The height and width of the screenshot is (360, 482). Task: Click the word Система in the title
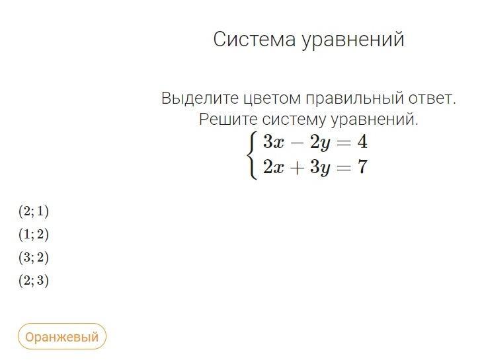(255, 39)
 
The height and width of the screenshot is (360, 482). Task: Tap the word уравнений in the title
(353, 40)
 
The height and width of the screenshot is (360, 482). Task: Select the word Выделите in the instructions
(200, 98)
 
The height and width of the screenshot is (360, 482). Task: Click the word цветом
(272, 99)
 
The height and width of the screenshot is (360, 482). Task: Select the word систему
(294, 120)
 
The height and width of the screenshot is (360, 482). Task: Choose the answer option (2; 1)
(34, 211)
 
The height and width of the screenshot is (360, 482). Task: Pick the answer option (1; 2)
(34, 234)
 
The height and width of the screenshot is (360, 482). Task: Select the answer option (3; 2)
(34, 258)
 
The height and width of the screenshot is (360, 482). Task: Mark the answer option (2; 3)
(34, 281)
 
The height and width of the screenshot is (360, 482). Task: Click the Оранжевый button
(61, 337)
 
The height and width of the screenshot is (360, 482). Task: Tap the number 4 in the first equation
(362, 142)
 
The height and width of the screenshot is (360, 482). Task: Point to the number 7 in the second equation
(363, 167)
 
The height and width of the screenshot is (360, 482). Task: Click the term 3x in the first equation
(274, 142)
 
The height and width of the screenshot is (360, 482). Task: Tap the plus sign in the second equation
(297, 168)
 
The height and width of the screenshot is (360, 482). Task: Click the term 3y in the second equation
(320, 168)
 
